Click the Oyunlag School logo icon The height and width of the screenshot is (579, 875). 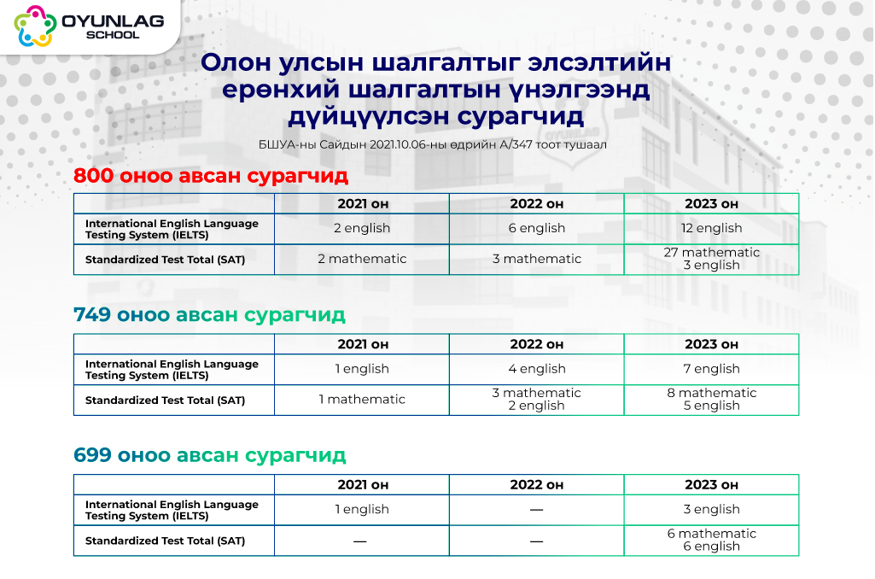(35, 26)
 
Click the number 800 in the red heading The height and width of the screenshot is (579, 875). (93, 175)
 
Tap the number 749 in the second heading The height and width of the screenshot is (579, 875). (92, 314)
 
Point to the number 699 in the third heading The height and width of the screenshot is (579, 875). (93, 455)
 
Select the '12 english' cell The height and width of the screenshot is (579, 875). (711, 228)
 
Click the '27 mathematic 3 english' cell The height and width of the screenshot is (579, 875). (711, 259)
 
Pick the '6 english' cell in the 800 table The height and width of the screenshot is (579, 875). (536, 228)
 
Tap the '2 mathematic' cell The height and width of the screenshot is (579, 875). (362, 259)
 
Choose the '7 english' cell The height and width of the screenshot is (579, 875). (711, 369)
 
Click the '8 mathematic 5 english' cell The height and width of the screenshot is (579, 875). (711, 400)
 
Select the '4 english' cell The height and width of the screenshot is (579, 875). (536, 369)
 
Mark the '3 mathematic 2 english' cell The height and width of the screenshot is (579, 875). (536, 400)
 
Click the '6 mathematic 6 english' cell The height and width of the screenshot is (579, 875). (711, 541)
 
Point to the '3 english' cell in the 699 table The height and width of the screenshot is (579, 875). (711, 509)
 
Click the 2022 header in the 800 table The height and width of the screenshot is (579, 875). (536, 204)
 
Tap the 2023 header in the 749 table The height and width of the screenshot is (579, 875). (711, 344)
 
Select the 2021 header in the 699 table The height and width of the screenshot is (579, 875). (363, 485)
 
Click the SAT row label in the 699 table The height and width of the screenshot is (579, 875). (165, 541)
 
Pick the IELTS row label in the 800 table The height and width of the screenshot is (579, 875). (172, 229)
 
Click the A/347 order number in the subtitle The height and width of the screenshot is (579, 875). (516, 144)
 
